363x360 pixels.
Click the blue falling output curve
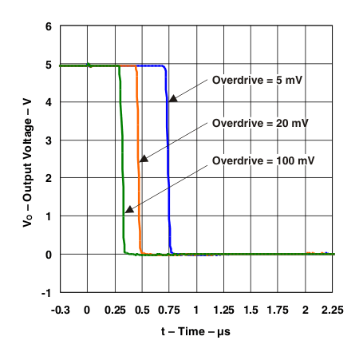[x=168, y=160]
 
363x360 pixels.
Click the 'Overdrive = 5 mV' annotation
[x=258, y=80]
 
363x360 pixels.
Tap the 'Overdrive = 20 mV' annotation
[x=260, y=123]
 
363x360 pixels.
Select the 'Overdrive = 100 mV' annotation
[x=263, y=161]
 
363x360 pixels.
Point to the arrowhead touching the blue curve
[x=172, y=98]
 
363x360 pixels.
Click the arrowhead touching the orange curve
[x=143, y=159]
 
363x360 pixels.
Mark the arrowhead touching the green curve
[x=128, y=209]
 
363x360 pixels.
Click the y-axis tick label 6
[x=49, y=26]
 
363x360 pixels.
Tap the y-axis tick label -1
[x=46, y=292]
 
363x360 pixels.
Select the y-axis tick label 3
[x=49, y=140]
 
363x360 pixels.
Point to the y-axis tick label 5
[x=49, y=65]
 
